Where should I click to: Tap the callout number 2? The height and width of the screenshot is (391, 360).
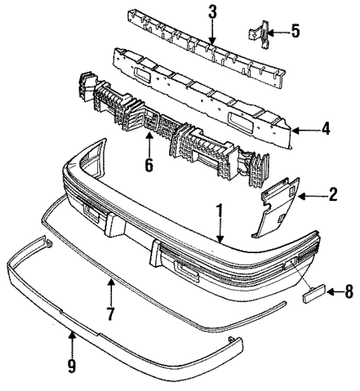[x=333, y=196]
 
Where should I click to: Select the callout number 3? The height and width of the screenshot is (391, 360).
[x=213, y=12]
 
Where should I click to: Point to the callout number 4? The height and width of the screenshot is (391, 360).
[x=325, y=130]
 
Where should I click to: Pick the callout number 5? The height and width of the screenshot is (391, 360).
[x=295, y=31]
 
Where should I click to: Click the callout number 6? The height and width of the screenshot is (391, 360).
[x=149, y=165]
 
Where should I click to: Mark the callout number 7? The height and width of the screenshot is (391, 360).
[x=110, y=314]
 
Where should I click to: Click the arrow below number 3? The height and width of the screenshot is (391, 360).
[x=212, y=33]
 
